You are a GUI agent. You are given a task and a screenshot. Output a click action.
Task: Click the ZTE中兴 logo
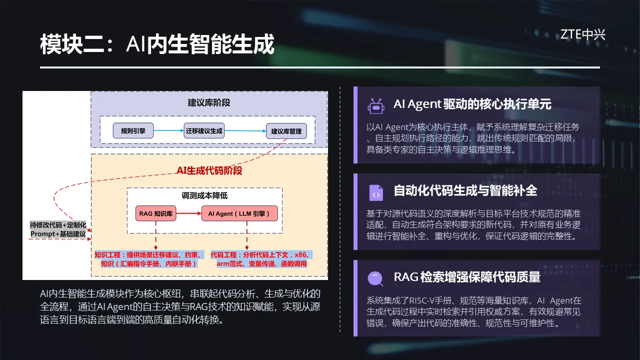tap(582, 34)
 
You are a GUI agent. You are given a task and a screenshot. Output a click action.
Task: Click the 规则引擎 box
tap(133, 131)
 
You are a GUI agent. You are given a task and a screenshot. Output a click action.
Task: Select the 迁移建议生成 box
tap(204, 131)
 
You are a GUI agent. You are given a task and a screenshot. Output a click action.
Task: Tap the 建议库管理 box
tap(286, 131)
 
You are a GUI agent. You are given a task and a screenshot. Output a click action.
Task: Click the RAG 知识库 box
tap(155, 213)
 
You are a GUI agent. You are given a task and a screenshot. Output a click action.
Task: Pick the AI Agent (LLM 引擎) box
tap(239, 213)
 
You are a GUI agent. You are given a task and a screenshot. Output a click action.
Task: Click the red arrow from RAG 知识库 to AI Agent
tap(189, 213)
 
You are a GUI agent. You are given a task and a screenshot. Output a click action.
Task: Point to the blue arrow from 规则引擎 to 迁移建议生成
tap(168, 130)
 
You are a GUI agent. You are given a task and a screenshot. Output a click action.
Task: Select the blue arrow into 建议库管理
tap(245, 131)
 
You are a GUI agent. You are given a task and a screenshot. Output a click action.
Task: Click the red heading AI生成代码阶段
tap(209, 170)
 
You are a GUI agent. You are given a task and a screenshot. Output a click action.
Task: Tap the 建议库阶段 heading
tap(209, 103)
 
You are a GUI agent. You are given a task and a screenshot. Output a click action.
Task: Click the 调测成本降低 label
tap(204, 195)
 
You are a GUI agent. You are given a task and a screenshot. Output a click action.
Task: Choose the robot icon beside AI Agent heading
tap(375, 106)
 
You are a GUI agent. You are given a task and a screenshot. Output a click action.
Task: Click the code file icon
tap(376, 193)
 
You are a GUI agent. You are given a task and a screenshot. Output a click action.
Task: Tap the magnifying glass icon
tap(375, 278)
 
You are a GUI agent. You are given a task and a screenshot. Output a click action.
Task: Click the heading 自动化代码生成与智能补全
tap(465, 190)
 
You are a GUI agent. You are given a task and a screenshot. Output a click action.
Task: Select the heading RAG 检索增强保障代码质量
tap(467, 277)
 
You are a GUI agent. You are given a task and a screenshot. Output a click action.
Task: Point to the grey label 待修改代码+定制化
tap(58, 225)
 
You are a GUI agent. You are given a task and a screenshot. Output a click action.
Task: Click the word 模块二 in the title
tap(72, 44)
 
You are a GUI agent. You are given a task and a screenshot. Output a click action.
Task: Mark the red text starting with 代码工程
tap(261, 259)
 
